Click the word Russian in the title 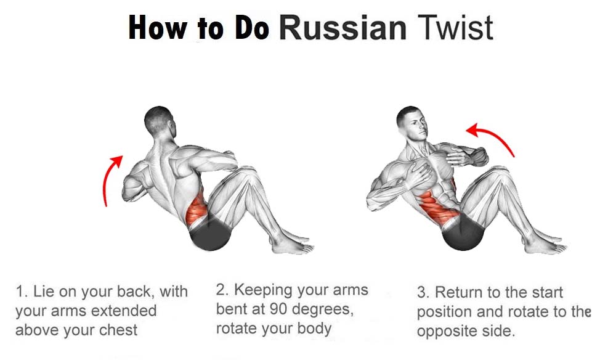[343, 27]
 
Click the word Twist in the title [455, 27]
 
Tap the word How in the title [158, 27]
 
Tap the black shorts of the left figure [211, 234]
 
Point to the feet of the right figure [546, 243]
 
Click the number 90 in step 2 [279, 309]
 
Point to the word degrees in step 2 [323, 310]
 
